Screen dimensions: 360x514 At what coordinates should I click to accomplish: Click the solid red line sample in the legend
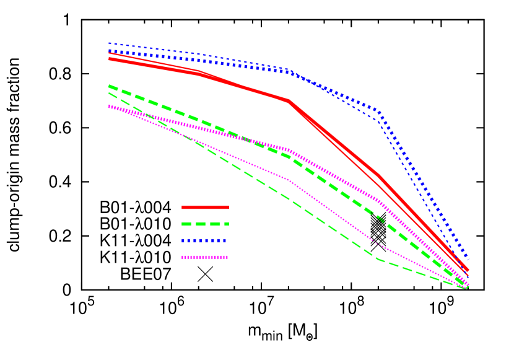(x=205, y=207)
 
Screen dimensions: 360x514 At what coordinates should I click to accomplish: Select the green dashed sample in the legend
(x=205, y=224)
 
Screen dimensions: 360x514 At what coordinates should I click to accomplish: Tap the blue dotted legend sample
(x=205, y=240)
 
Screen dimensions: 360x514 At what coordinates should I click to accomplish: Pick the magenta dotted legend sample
(x=205, y=257)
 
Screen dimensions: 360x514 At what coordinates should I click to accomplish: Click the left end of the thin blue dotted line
(x=109, y=43)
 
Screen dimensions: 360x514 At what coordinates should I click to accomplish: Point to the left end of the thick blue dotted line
(x=109, y=51)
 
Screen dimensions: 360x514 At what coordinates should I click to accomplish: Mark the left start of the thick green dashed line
(x=109, y=86)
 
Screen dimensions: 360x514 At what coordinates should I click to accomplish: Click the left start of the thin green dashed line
(x=109, y=94)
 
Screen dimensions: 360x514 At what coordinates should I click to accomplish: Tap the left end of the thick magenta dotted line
(x=109, y=107)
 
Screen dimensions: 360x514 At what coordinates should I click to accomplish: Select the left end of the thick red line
(x=109, y=59)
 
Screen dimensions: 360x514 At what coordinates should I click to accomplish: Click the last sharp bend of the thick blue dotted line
(x=378, y=112)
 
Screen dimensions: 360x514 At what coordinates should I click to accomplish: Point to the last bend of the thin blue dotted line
(x=378, y=118)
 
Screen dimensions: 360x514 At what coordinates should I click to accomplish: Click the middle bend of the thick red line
(x=289, y=100)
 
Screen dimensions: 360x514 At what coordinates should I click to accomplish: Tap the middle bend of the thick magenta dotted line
(x=289, y=150)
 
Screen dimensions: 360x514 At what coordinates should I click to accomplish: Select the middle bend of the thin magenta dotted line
(x=289, y=180)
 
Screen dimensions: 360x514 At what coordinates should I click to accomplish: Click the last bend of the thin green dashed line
(x=378, y=259)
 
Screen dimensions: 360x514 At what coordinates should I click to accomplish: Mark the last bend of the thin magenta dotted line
(x=378, y=245)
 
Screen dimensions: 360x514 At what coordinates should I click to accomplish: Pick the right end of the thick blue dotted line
(x=468, y=258)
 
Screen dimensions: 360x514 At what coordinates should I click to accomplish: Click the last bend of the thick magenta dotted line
(x=378, y=200)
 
